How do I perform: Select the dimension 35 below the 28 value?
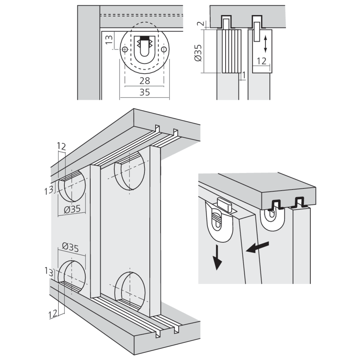[x=144, y=92]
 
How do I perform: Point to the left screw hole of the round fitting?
[x=125, y=49]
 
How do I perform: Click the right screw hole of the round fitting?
[x=164, y=49]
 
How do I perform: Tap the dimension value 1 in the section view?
[x=244, y=75]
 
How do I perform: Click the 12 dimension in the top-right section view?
[x=262, y=60]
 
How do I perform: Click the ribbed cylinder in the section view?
[x=230, y=51]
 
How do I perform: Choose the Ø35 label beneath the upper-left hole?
[x=71, y=209]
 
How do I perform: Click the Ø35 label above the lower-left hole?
[x=71, y=247]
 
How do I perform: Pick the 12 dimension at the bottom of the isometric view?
[x=53, y=314]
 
